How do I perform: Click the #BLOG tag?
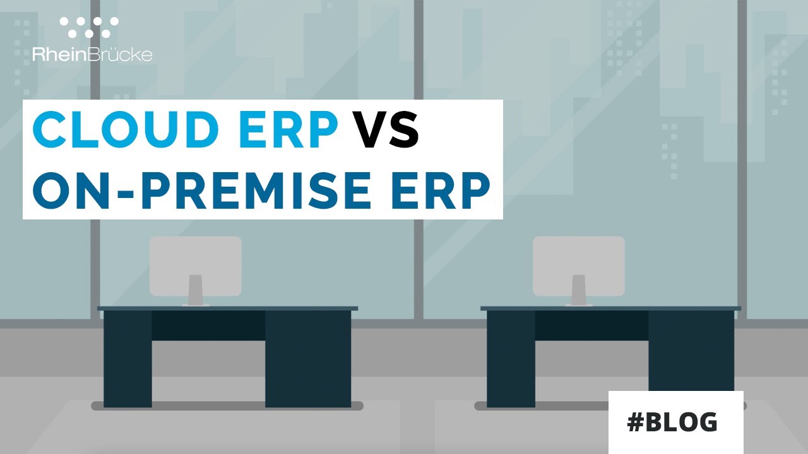[672, 422]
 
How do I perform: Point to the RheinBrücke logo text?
[92, 55]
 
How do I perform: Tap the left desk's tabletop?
[227, 308]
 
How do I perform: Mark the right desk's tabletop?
[610, 308]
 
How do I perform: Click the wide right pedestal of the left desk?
[307, 358]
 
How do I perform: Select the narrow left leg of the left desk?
[128, 358]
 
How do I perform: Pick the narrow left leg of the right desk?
[511, 358]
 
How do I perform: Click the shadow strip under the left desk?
[227, 405]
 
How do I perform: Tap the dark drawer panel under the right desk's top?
[591, 325]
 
